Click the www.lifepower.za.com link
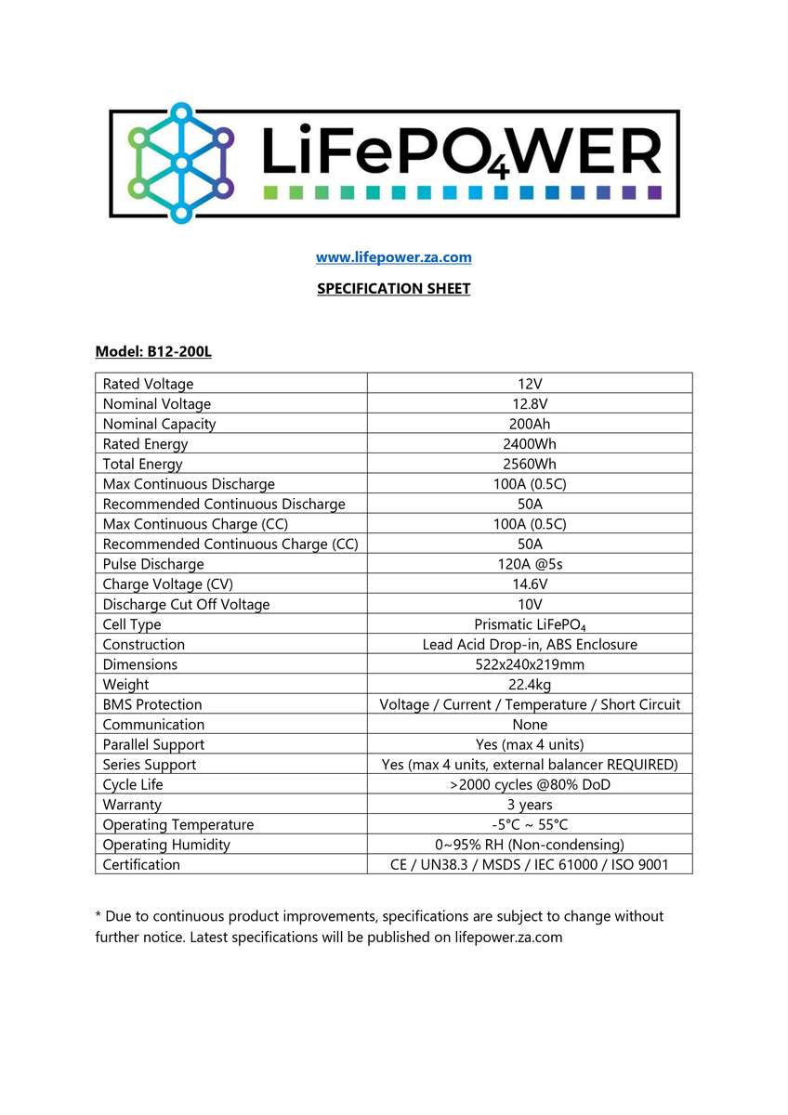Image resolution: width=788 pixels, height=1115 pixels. [393, 257]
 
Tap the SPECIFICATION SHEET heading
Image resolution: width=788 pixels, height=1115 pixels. [393, 289]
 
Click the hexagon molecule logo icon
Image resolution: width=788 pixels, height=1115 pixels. [181, 163]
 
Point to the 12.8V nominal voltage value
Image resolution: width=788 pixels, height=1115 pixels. [529, 404]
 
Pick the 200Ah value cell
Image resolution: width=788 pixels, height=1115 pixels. [529, 425]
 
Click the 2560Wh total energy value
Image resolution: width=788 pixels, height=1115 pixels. [529, 465]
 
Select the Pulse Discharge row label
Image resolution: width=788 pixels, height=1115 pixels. [153, 565]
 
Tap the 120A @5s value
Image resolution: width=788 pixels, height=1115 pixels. [529, 565]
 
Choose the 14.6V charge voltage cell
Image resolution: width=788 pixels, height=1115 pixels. [529, 584]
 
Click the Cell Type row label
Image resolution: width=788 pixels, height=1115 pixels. [132, 625]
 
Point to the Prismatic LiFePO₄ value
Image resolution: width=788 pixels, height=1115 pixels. [529, 625]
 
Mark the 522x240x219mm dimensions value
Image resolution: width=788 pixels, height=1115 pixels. [529, 665]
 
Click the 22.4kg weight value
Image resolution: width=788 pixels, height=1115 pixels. [529, 685]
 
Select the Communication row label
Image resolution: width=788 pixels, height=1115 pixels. [153, 725]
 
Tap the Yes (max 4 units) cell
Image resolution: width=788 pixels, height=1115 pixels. [529, 745]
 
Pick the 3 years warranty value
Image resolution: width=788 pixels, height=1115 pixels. [529, 805]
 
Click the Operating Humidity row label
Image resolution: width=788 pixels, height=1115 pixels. [166, 846]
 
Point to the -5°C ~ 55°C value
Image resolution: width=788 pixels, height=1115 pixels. [529, 825]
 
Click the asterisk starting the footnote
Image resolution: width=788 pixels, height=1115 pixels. [98, 915]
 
